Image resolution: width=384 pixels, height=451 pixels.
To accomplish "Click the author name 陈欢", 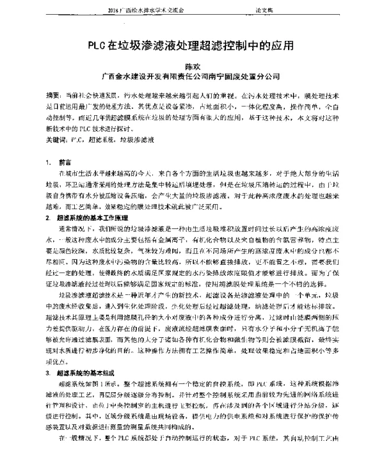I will coord(193,65).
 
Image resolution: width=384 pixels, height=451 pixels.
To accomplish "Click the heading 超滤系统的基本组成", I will coord(90,372).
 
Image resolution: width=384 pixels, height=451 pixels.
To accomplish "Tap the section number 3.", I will coord(48,372).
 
